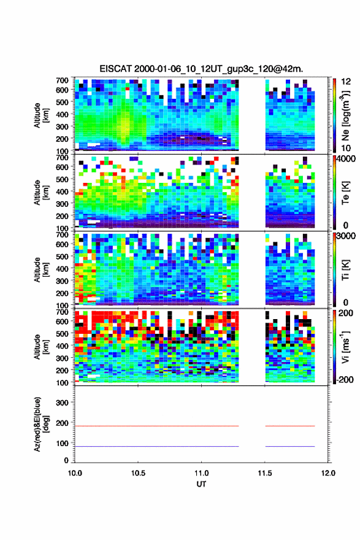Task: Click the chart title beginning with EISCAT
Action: [201, 69]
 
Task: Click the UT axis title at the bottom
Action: [201, 484]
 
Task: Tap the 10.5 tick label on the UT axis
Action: [138, 473]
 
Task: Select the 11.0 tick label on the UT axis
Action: [201, 473]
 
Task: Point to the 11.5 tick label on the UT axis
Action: [265, 473]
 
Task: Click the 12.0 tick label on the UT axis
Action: [328, 473]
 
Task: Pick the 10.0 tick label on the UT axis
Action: [75, 473]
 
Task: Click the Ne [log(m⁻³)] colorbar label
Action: [345, 115]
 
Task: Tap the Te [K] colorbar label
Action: [345, 193]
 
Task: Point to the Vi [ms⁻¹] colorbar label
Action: [345, 347]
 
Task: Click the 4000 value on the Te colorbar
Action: [346, 159]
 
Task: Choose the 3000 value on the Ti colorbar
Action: [346, 236]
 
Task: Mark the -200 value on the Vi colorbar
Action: [343, 379]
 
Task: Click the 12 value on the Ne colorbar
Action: [346, 82]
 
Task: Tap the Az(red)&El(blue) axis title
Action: [41, 424]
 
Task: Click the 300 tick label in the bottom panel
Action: [63, 403]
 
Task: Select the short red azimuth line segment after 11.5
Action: [290, 426]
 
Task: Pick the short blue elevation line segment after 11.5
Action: [290, 446]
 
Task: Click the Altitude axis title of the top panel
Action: [41, 115]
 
